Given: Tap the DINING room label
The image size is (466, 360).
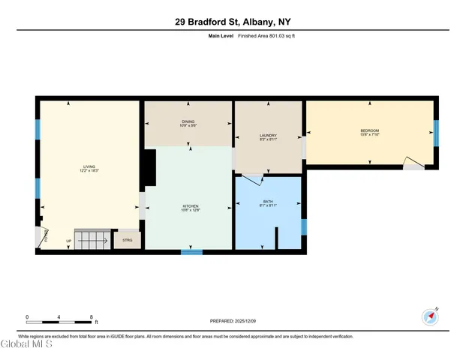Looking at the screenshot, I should [x=188, y=124].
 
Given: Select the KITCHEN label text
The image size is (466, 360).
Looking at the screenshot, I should [x=189, y=208].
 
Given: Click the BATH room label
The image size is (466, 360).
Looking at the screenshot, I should [x=268, y=204].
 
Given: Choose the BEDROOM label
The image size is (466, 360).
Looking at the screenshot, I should [x=370, y=133].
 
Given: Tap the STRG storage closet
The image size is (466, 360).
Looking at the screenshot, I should [x=127, y=241].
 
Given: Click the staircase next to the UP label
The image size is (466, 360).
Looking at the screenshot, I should [x=92, y=241].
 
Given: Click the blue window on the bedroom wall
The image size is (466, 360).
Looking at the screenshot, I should [x=436, y=133].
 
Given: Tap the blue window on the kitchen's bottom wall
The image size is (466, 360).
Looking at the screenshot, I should [x=191, y=252].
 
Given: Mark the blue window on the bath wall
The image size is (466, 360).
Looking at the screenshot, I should [x=304, y=226].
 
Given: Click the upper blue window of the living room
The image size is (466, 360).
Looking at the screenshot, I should [x=37, y=130].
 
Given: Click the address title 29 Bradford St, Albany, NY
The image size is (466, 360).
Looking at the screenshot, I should [x=233, y=22].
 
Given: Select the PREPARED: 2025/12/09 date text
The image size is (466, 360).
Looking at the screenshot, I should [x=233, y=321].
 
